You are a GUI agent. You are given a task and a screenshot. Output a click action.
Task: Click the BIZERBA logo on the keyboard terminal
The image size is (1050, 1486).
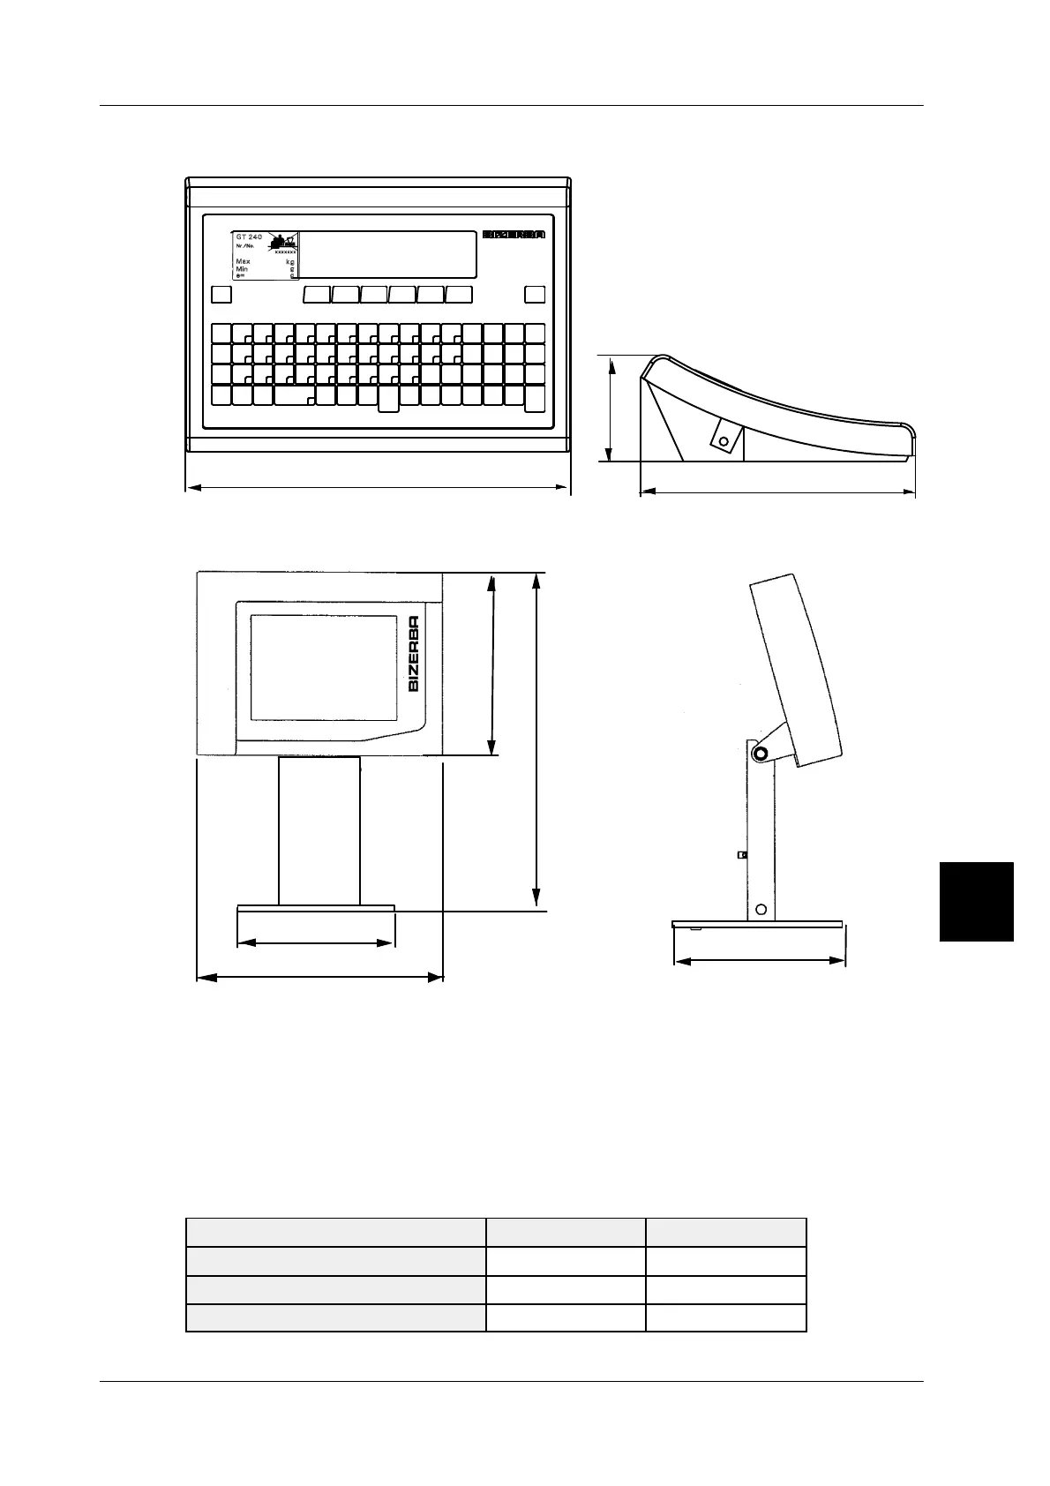[x=514, y=235]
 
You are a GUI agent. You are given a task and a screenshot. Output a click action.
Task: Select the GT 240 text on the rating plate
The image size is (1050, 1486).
[x=249, y=237]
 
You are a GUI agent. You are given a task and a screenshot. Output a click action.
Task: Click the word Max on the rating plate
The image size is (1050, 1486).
[x=243, y=262]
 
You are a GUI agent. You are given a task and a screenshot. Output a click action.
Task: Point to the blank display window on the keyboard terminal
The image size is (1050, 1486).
[x=388, y=254]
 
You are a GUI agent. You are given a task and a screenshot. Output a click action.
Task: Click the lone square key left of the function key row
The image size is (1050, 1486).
[x=221, y=295]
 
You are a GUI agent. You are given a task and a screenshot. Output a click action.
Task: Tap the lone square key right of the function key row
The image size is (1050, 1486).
[x=535, y=295]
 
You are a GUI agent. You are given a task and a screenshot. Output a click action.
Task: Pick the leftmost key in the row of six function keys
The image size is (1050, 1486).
[x=317, y=295]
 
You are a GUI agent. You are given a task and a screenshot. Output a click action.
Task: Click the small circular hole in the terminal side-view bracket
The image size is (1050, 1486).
[x=724, y=439]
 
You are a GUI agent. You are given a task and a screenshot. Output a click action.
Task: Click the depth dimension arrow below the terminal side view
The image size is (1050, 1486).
[x=776, y=492]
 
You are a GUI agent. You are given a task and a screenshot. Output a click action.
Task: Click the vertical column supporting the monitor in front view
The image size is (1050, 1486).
[x=319, y=829]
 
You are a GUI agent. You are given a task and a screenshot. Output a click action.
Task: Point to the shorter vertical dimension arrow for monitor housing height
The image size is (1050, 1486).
[x=493, y=664]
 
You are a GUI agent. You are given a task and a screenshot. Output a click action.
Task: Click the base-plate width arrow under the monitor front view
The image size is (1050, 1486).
[x=315, y=943]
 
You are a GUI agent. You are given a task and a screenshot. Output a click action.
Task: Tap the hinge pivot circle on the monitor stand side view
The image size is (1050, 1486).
[x=760, y=754]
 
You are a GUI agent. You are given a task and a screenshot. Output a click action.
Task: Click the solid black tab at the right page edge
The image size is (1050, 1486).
[x=977, y=902]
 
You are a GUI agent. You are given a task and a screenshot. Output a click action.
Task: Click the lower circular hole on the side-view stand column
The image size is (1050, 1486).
[x=761, y=909]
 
